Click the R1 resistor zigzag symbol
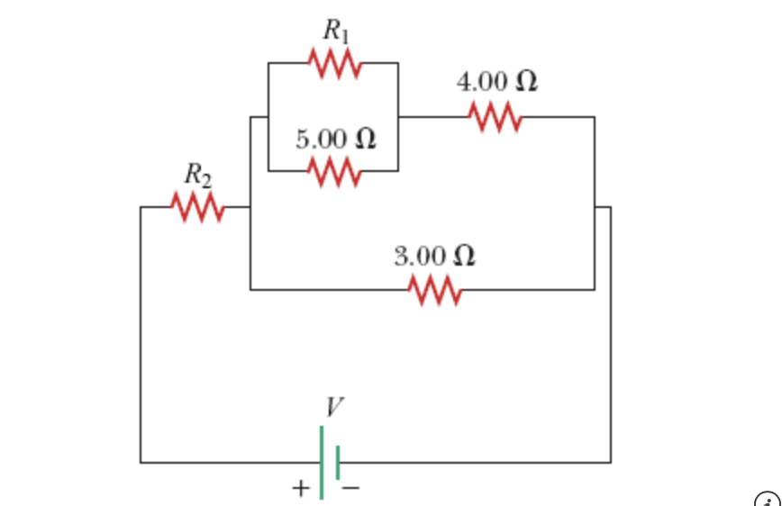(334, 64)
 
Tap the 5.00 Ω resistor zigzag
(334, 170)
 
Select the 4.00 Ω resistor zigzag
(495, 117)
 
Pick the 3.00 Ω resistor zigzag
(435, 290)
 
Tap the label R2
(198, 175)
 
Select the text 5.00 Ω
(335, 140)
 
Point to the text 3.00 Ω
(435, 257)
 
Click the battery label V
(333, 408)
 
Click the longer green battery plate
(321, 462)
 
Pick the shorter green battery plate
(337, 462)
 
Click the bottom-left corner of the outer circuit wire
(141, 462)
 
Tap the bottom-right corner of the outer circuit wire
(611, 462)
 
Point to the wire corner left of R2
(141, 207)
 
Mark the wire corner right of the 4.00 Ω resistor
(594, 117)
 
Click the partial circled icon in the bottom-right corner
(768, 498)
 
